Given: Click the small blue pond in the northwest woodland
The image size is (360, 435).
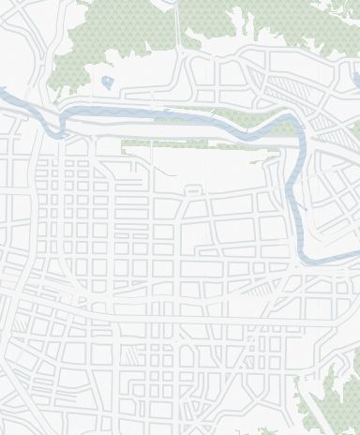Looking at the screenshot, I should point(108,82).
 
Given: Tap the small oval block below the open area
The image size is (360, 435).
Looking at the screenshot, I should point(194,190).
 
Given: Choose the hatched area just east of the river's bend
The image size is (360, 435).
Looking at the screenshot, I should point(323,130).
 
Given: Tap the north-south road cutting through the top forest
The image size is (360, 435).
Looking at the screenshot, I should point(177,28).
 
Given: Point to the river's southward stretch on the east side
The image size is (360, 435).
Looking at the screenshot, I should point(298,197).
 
